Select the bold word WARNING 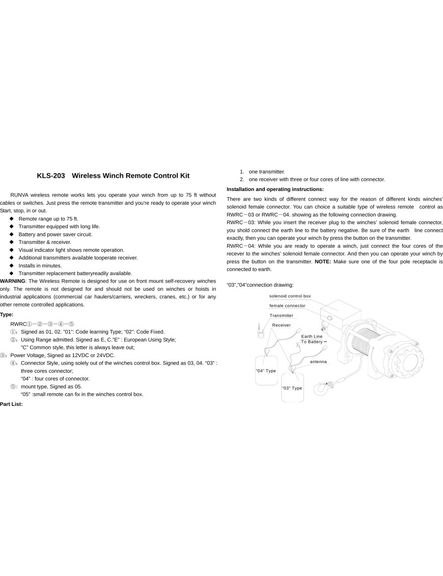coord(12,281)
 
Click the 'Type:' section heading coord(7,315)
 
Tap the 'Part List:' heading coord(11,404)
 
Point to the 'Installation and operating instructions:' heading coord(275,189)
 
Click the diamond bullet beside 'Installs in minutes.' coord(11,265)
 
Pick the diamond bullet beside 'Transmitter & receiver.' coord(11,242)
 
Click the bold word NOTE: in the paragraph coord(323,261)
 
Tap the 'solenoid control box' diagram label coord(290,296)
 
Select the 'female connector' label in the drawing coord(287,306)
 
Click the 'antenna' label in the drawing coord(318,362)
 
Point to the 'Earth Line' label coord(312,336)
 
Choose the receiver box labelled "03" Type coord(292,386)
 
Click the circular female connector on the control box coord(329,318)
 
